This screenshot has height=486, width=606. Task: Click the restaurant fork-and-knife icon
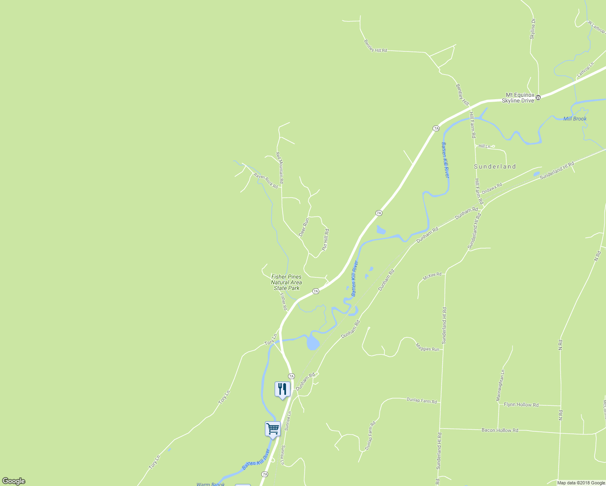282,389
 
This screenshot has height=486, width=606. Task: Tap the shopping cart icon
273,428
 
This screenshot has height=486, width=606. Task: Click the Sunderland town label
495,166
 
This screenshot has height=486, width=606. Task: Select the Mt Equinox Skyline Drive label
518,98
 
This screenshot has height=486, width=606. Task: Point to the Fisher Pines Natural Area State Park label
286,282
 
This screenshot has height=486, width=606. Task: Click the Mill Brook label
575,119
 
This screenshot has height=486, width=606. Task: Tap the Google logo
14,481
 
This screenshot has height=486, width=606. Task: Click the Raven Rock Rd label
266,181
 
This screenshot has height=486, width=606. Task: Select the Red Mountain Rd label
280,168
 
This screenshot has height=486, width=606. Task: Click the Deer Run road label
304,227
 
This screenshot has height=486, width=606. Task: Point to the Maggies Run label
427,347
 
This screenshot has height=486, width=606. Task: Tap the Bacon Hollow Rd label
500,430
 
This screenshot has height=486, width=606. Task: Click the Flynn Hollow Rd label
521,405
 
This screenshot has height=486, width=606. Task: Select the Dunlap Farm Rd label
422,401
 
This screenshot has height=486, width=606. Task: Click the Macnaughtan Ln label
500,385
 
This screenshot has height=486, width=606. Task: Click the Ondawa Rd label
492,188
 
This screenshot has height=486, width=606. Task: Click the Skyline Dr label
533,29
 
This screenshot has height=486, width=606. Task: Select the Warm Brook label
211,484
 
